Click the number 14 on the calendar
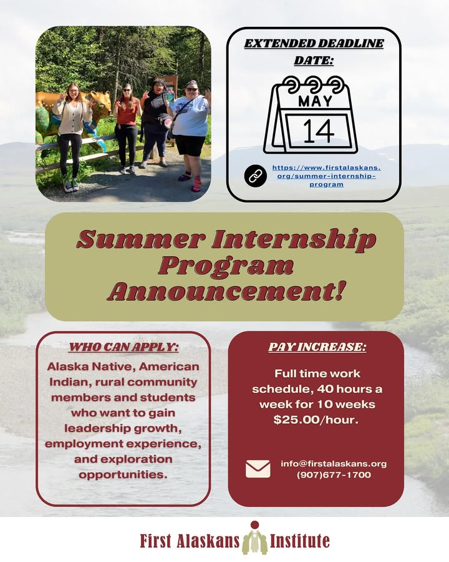[x=318, y=131]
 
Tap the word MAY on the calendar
[x=315, y=101]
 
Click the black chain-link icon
[x=255, y=175]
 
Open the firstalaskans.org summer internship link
[x=326, y=176]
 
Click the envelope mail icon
[x=258, y=469]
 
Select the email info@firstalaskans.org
[x=334, y=463]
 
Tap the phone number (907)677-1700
[x=334, y=475]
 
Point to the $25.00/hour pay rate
[x=316, y=420]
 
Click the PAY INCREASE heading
[x=317, y=347]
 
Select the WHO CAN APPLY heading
[x=123, y=347]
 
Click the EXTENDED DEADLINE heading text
[x=314, y=43]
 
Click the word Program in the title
[x=226, y=266]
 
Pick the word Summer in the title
[x=141, y=239]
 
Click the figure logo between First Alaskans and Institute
[x=254, y=538]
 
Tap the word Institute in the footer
[x=300, y=541]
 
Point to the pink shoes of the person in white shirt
[x=191, y=181]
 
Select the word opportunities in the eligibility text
[x=123, y=475]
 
